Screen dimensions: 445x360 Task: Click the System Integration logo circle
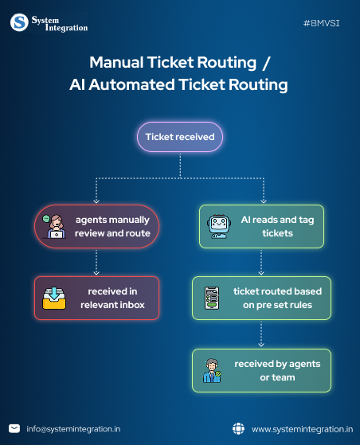(19, 22)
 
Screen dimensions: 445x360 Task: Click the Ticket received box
(179, 137)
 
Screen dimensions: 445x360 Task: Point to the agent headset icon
(53, 226)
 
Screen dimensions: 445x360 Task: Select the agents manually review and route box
(96, 226)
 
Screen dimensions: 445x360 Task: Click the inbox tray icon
(53, 298)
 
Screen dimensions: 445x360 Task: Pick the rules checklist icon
(212, 298)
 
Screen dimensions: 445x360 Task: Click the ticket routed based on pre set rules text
(272, 298)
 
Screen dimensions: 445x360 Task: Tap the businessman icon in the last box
(212, 370)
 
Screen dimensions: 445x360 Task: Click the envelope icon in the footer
(14, 428)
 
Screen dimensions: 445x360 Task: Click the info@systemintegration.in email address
(73, 428)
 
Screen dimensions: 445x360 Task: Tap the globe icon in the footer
(238, 428)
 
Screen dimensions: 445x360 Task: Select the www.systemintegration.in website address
(302, 428)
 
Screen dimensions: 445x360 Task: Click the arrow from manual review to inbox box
(96, 261)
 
